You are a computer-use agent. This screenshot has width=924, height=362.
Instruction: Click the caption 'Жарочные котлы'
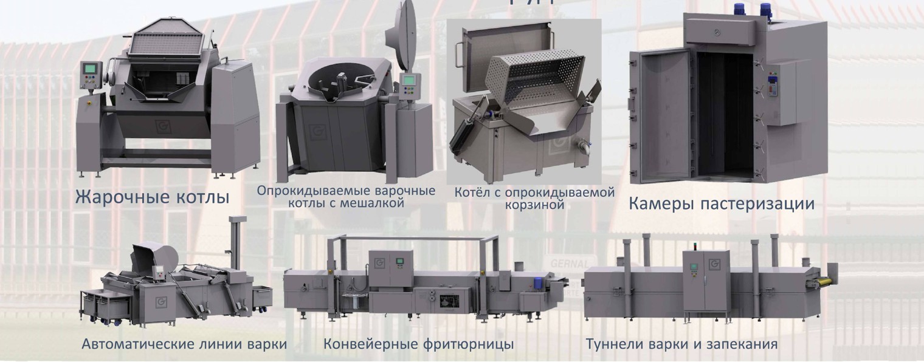tap(152, 197)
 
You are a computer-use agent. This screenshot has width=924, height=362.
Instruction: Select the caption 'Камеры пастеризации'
tap(721, 203)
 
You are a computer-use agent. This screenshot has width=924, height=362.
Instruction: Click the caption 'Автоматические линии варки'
tap(184, 344)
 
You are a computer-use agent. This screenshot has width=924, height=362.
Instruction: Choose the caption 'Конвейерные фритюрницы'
tap(419, 344)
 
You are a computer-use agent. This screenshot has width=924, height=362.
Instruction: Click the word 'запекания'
tap(745, 344)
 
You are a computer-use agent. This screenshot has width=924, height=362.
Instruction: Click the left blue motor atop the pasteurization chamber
tap(740, 9)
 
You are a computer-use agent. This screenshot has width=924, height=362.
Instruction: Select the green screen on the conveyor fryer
tap(400, 262)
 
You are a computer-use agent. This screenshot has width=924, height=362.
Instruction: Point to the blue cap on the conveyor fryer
tap(539, 281)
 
